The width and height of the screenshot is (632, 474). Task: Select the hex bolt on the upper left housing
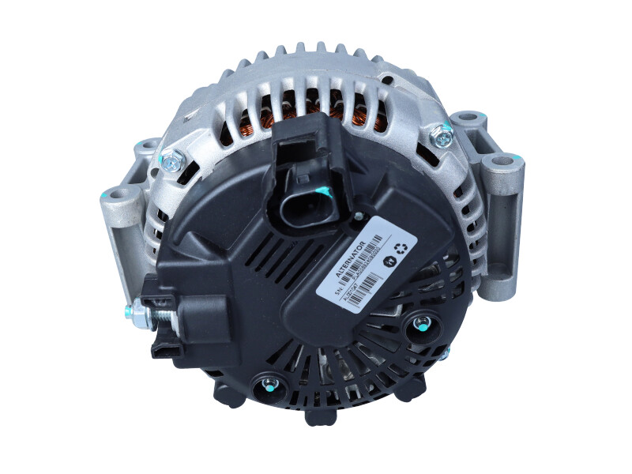tap(169, 163)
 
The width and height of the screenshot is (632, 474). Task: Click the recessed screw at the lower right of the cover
tap(421, 324)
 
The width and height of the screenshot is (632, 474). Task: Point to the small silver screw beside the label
tap(358, 216)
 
